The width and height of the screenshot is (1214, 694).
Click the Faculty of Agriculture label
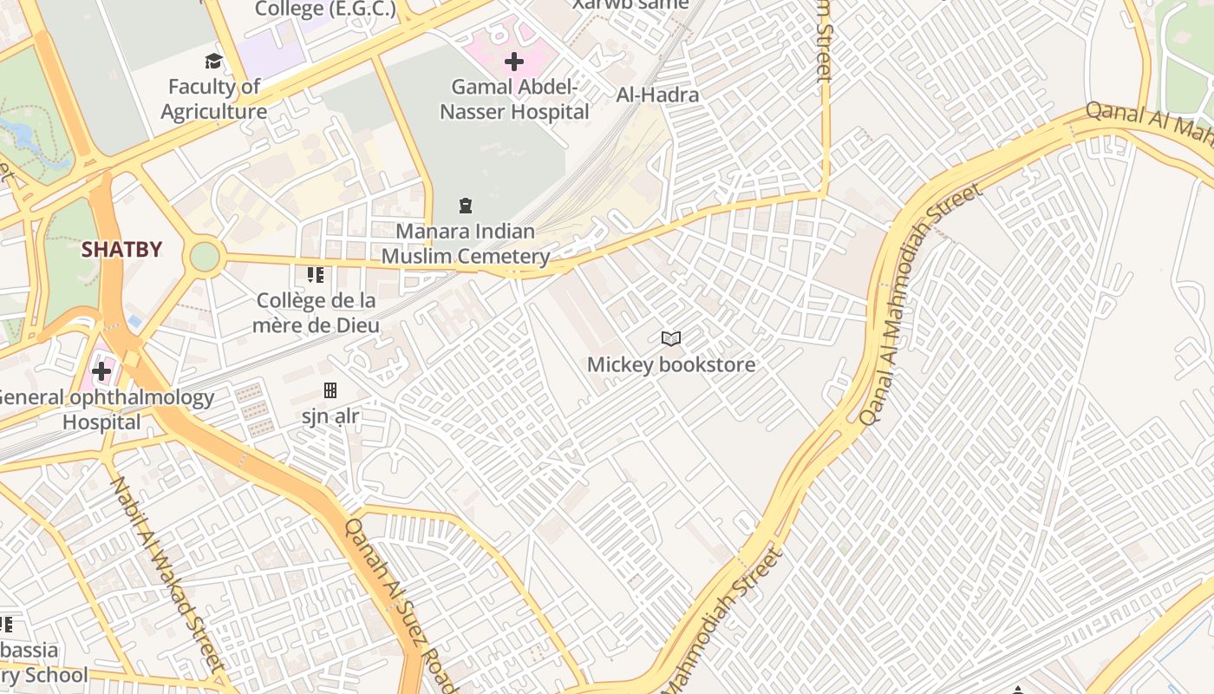(x=213, y=99)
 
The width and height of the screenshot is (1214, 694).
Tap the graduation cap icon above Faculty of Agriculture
(x=213, y=61)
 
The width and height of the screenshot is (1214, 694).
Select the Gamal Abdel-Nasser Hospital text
(x=514, y=99)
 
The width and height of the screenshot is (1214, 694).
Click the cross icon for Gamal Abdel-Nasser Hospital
(x=514, y=62)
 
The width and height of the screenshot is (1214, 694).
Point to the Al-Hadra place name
(x=657, y=95)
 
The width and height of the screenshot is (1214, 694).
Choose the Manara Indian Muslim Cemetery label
(x=466, y=244)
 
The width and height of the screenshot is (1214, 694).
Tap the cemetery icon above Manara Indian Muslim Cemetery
(x=466, y=206)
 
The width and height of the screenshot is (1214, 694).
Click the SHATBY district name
(x=121, y=250)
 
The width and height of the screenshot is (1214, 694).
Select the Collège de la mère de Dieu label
(x=317, y=312)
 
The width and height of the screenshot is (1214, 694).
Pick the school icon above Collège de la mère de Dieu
(x=316, y=276)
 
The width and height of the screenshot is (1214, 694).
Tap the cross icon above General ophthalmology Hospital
(x=101, y=372)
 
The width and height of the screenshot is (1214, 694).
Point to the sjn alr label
(x=330, y=416)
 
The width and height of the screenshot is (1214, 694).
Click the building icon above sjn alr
(x=330, y=390)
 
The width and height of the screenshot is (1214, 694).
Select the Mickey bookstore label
(x=671, y=364)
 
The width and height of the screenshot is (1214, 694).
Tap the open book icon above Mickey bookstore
(x=670, y=338)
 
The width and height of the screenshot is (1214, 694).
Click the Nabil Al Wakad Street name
(x=166, y=573)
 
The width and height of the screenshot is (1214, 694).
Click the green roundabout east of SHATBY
(x=205, y=257)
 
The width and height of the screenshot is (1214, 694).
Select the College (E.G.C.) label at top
(x=325, y=10)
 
